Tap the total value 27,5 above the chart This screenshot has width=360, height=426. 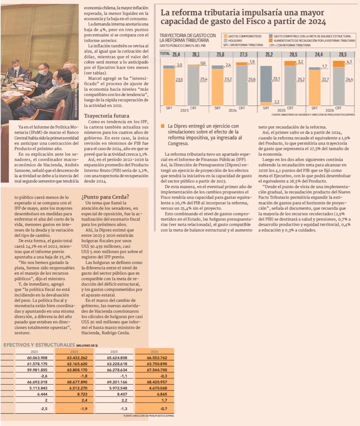(x=243, y=54)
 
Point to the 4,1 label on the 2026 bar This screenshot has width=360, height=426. (x=348, y=62)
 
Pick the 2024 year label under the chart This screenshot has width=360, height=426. (x=232, y=110)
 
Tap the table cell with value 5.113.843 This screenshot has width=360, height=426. (x=37, y=388)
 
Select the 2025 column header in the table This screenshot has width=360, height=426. (x=114, y=351)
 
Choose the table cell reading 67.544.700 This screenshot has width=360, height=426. (x=157, y=370)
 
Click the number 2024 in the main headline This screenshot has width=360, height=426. (x=316, y=22)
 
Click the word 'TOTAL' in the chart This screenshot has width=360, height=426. (x=165, y=54)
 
